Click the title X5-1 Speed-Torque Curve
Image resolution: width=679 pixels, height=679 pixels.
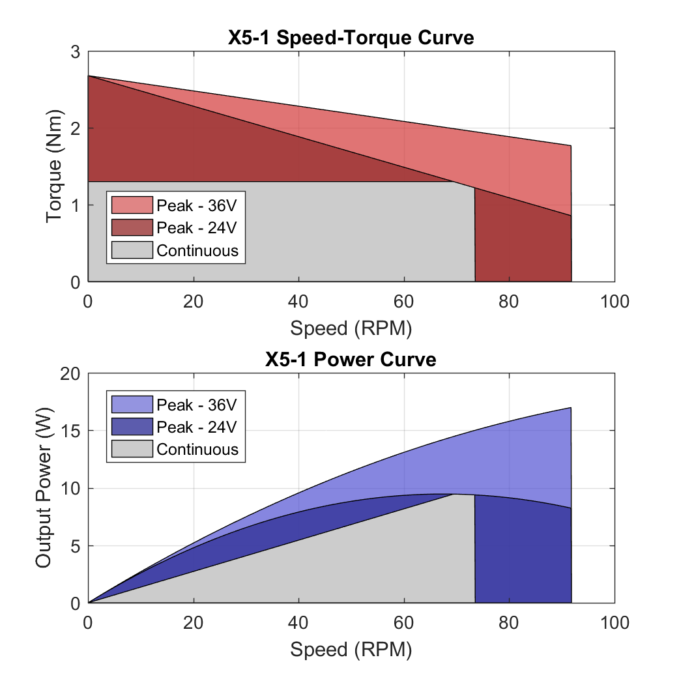[x=351, y=38]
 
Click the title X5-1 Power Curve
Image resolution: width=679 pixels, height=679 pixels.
[x=351, y=359]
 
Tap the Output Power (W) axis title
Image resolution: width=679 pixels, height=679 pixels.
[x=44, y=489]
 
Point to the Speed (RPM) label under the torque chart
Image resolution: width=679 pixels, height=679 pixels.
[x=351, y=328]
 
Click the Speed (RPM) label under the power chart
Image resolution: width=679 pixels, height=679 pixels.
[x=351, y=650]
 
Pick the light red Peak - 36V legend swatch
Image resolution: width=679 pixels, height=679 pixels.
[x=132, y=205]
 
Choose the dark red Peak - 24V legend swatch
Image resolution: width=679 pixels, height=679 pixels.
[x=132, y=227]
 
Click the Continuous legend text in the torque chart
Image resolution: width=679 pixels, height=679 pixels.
[x=197, y=250]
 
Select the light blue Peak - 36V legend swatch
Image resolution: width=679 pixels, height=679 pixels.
[x=132, y=405]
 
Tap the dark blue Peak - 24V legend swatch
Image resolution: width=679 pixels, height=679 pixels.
[x=132, y=427]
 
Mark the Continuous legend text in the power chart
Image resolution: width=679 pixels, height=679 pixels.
[x=197, y=450]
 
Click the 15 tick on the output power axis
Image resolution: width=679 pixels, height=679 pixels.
[x=70, y=431]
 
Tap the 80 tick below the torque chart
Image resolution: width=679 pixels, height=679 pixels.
[x=509, y=301]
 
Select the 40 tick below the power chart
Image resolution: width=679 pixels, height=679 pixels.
[x=298, y=622]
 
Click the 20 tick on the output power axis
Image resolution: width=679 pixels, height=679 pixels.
[x=70, y=374]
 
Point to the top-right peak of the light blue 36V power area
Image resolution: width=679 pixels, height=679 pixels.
[x=570, y=409]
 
